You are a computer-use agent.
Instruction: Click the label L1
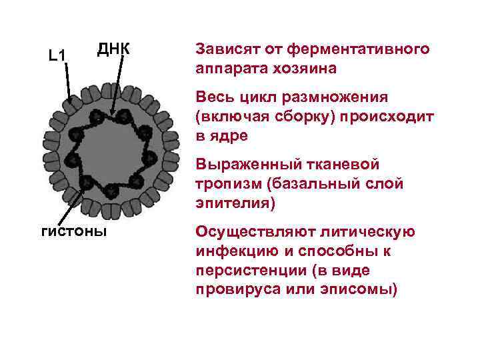(x=57, y=55)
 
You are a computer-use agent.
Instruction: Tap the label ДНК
(x=113, y=49)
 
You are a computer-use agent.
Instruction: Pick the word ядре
(x=229, y=136)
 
